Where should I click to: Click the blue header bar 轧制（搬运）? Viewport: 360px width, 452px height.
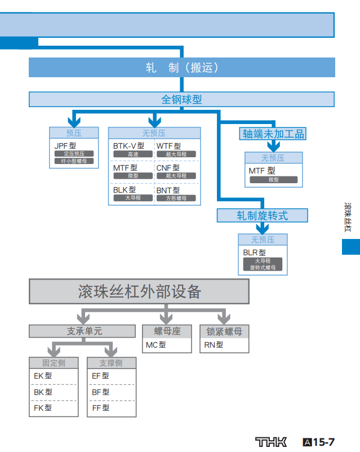[x=182, y=68]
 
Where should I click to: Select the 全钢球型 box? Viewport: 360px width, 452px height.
[x=181, y=100]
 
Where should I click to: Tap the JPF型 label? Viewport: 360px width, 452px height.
[x=65, y=145]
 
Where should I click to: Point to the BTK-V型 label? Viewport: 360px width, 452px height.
[x=128, y=146]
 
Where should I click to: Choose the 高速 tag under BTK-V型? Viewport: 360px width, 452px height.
[x=133, y=154]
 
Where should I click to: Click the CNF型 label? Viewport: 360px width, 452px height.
[x=168, y=168]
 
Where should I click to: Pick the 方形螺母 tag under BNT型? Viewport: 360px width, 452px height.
[x=176, y=198]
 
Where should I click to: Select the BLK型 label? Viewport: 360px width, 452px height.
[x=124, y=190]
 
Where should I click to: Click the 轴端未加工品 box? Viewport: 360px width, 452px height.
[x=273, y=134]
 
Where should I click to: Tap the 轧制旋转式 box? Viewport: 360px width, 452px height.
[x=262, y=215]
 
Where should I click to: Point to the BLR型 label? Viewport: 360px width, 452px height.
[x=254, y=253]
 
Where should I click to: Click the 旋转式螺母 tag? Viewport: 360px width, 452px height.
[x=263, y=268]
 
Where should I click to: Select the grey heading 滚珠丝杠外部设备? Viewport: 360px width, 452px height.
[x=139, y=292]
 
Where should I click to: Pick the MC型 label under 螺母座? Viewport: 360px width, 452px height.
[x=155, y=345]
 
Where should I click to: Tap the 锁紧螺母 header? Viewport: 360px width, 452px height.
[x=224, y=331]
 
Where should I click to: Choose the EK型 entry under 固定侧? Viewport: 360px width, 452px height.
[x=43, y=375]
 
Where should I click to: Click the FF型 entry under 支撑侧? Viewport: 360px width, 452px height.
[x=100, y=407]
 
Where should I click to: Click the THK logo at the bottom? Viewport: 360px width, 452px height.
[x=270, y=441]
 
